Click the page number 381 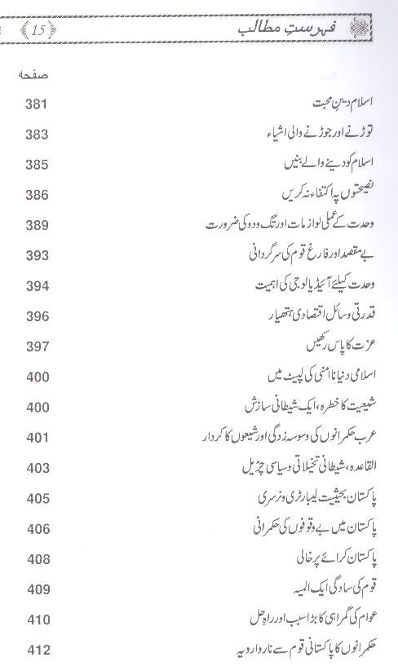point(38,104)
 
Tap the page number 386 point(38,195)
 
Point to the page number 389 point(38,224)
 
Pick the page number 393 point(38,255)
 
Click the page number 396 point(38,315)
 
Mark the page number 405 point(38,498)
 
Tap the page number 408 point(38,559)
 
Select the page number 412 point(38,650)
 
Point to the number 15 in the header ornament point(38,32)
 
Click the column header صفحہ point(33,76)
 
